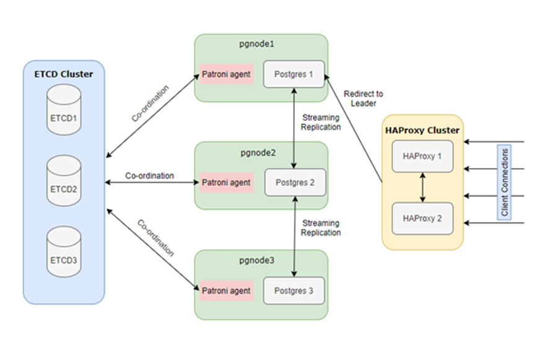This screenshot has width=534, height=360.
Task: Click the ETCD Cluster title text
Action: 64,74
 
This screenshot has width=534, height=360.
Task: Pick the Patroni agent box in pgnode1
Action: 226,74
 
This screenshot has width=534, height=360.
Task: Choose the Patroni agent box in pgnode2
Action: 226,182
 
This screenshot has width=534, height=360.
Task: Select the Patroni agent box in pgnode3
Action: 226,290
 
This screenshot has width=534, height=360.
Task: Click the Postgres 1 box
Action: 294,74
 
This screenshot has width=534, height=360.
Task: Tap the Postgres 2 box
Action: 294,182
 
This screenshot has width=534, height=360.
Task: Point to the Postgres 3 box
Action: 294,290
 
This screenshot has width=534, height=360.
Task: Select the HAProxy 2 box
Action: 422,218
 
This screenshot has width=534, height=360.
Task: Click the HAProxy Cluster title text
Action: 422,130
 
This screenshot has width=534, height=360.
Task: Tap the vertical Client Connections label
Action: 505,182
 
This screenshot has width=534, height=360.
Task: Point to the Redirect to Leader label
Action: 364,99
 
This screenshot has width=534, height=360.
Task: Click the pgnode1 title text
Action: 261,45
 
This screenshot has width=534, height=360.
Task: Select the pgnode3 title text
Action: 261,261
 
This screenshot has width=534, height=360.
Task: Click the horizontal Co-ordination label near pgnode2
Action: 149,175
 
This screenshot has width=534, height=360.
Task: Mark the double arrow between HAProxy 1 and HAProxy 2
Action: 422,187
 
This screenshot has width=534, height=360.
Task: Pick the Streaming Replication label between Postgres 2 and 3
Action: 321,227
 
